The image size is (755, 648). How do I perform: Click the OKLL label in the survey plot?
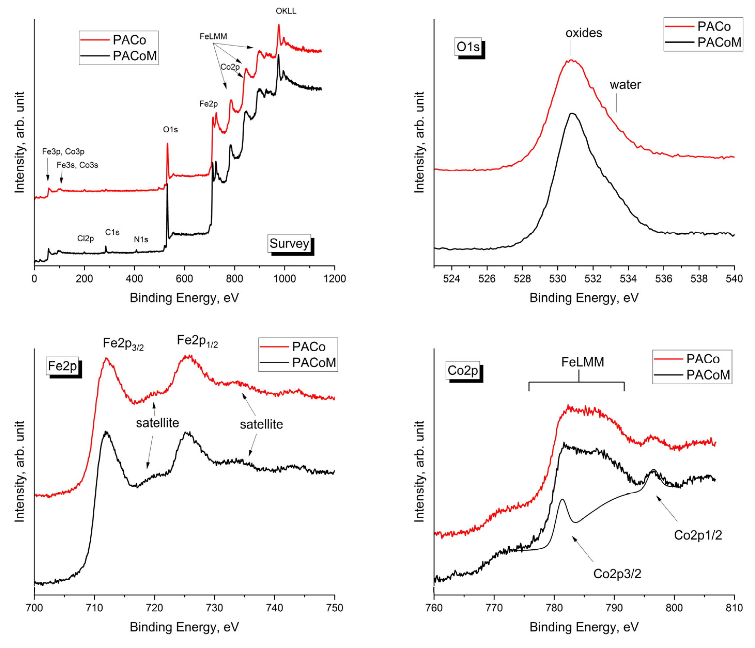(286, 11)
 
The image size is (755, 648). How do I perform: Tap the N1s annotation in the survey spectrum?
(141, 239)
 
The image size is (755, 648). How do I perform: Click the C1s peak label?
(112, 232)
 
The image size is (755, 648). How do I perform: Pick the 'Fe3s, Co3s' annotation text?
(77, 165)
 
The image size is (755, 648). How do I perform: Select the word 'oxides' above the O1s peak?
(583, 33)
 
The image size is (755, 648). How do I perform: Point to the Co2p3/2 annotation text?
(617, 573)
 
